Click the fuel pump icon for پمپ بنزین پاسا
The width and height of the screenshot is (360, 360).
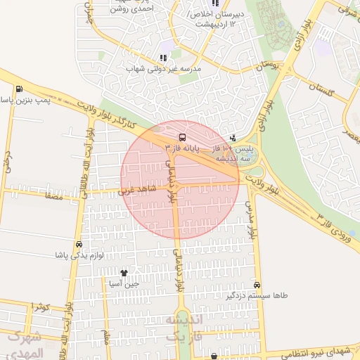point(18,89)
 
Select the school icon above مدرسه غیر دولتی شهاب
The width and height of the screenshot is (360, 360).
point(163,58)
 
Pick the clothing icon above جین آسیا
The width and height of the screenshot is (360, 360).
point(124,273)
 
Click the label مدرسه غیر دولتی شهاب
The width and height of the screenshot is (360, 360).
point(163,69)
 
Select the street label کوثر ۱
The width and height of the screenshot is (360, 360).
point(41,308)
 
